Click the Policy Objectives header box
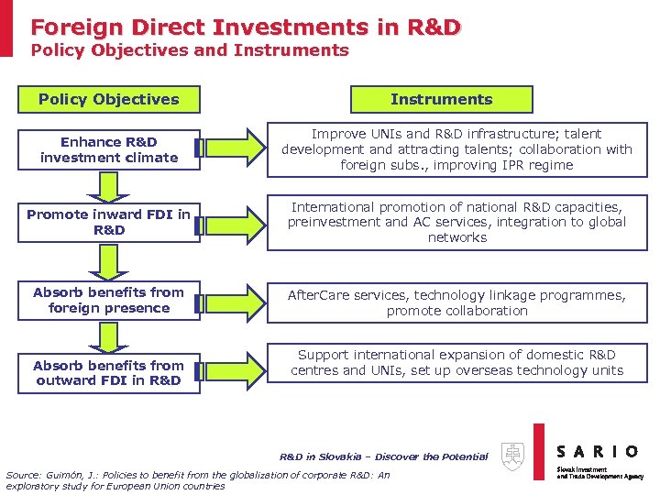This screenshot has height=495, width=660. click(108, 99)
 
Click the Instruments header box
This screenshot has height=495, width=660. click(441, 99)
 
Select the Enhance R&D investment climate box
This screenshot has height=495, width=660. click(108, 149)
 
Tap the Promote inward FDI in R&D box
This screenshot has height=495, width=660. click(108, 222)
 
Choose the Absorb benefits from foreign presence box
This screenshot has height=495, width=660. click(108, 300)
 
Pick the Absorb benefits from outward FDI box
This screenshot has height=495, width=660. click(108, 373)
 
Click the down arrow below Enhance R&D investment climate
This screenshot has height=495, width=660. click(108, 187)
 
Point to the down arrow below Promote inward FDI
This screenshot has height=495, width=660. click(108, 260)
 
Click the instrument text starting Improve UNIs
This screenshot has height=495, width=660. click(456, 149)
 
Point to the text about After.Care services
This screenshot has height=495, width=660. click(456, 302)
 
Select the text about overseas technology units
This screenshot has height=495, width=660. click(456, 363)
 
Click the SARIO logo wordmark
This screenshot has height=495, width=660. click(598, 451)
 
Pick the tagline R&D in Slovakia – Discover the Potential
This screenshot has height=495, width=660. click(383, 456)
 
